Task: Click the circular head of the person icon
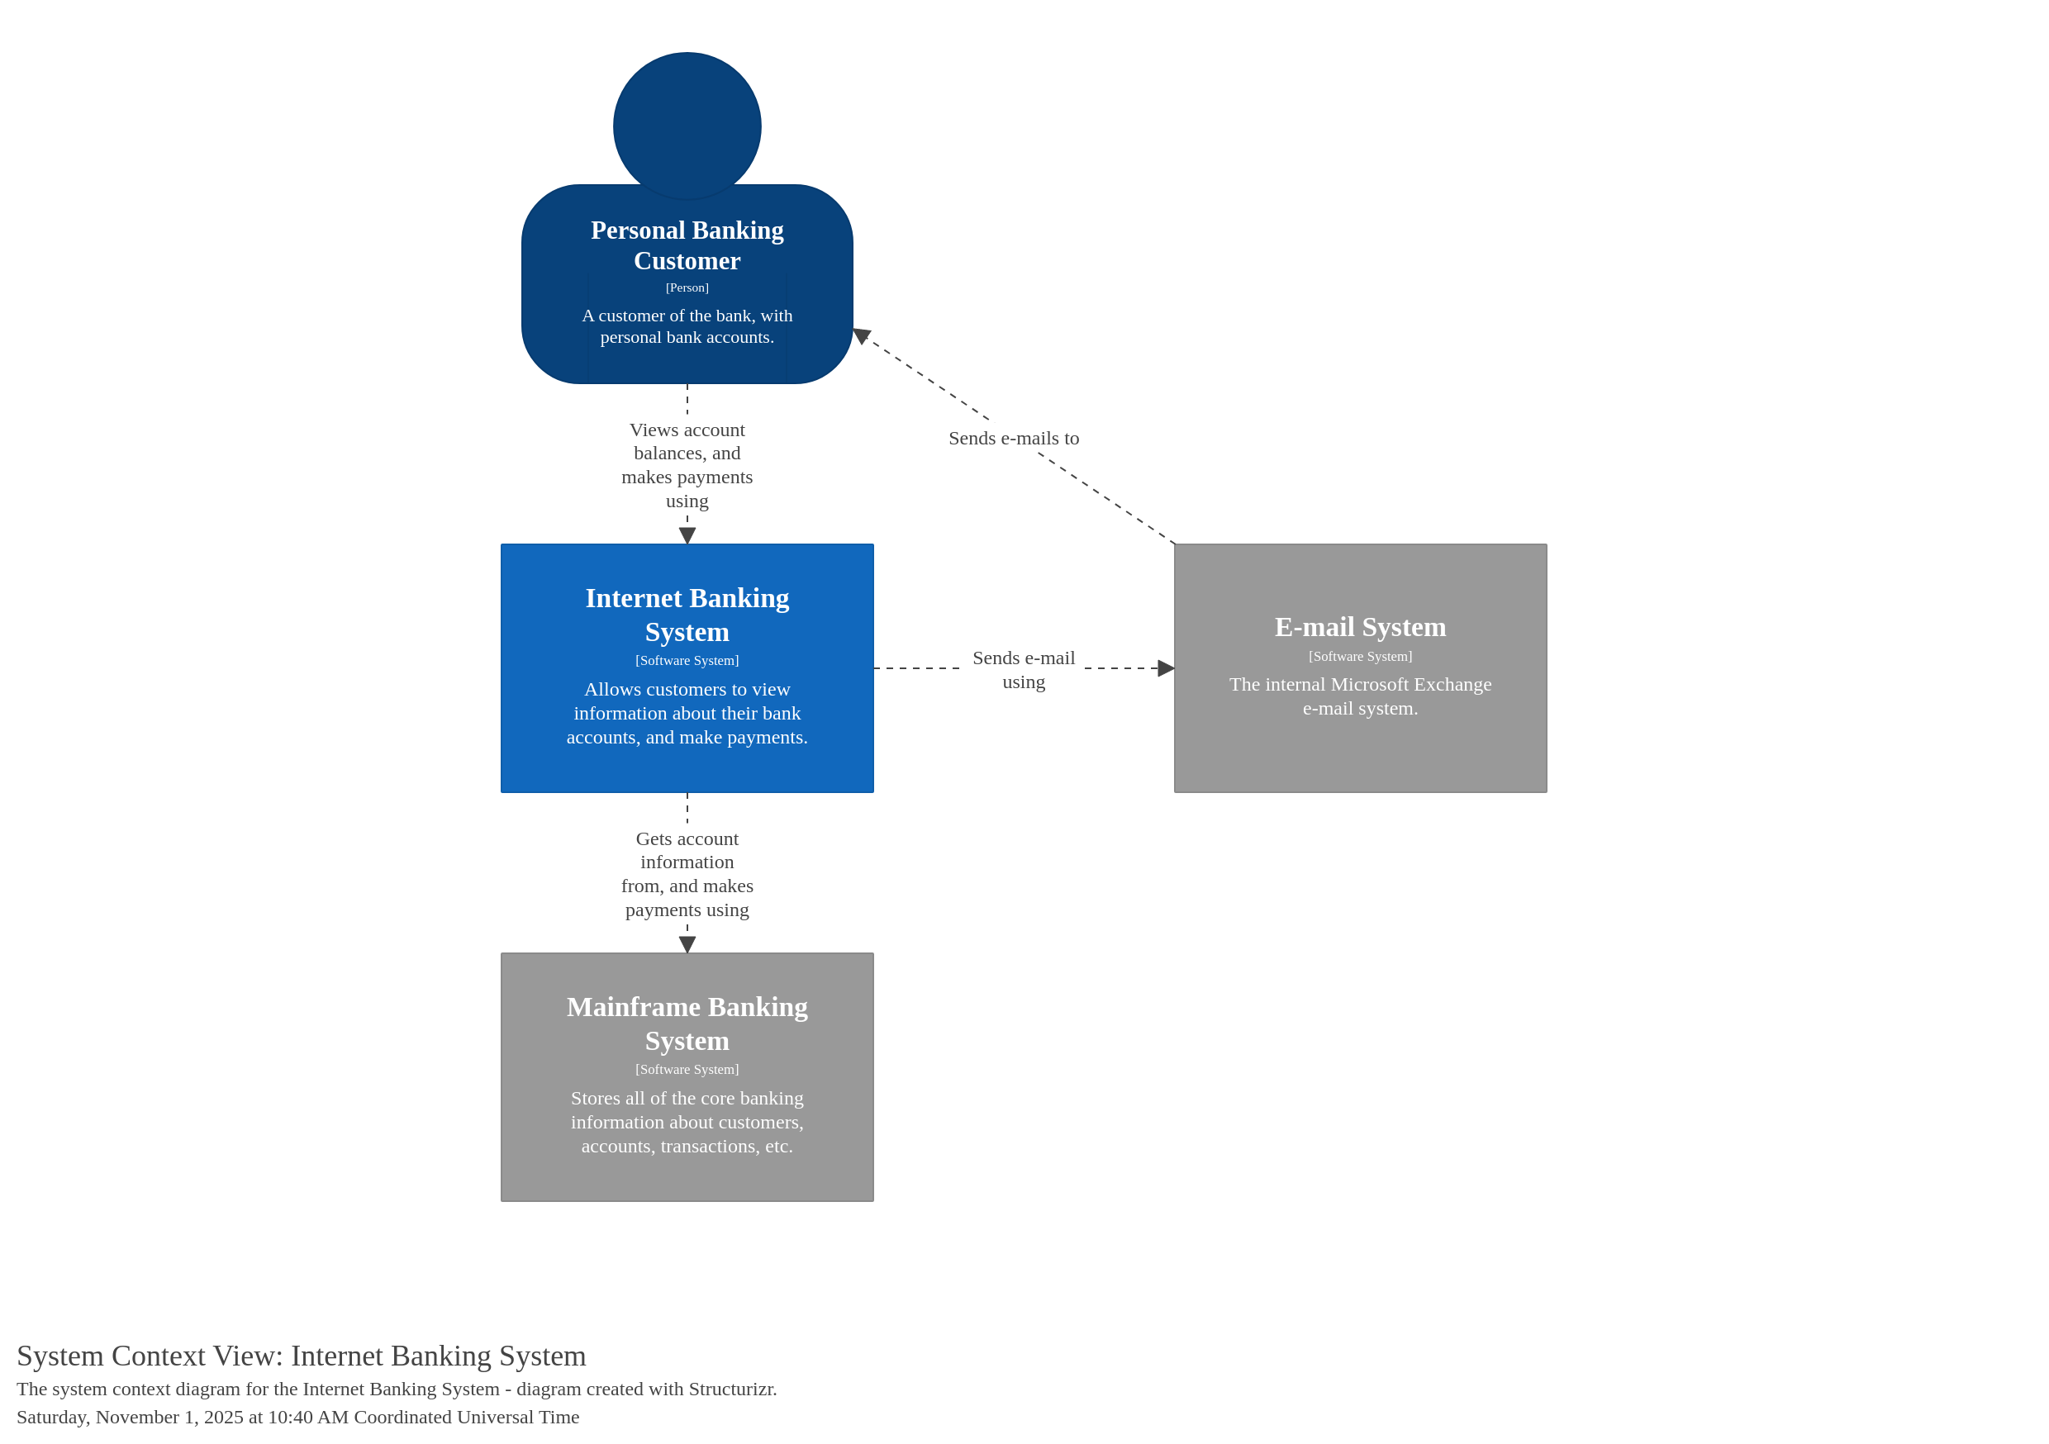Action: [x=687, y=125]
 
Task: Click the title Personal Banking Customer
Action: [x=687, y=245]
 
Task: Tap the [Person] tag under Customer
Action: [x=687, y=287]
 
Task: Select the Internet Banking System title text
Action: [x=687, y=615]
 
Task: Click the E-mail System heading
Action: [x=1360, y=626]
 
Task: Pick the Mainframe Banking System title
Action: [x=687, y=1024]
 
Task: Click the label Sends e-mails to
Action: [x=1014, y=438]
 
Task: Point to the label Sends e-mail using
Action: [x=1024, y=669]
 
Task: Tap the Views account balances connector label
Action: [x=687, y=465]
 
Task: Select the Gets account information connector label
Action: [x=687, y=874]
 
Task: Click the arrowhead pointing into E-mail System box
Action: [x=1166, y=668]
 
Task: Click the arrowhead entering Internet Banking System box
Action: [x=687, y=535]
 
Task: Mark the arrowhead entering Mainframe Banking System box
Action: [x=687, y=944]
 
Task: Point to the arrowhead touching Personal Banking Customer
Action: [x=860, y=335]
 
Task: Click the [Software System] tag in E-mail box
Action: [x=1360, y=656]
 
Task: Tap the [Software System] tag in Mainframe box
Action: [x=687, y=1069]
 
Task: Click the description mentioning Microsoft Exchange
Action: [x=1360, y=696]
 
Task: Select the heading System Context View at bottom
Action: [x=302, y=1356]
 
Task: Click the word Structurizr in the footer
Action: [x=732, y=1389]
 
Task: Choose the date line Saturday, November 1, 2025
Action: [x=298, y=1418]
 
